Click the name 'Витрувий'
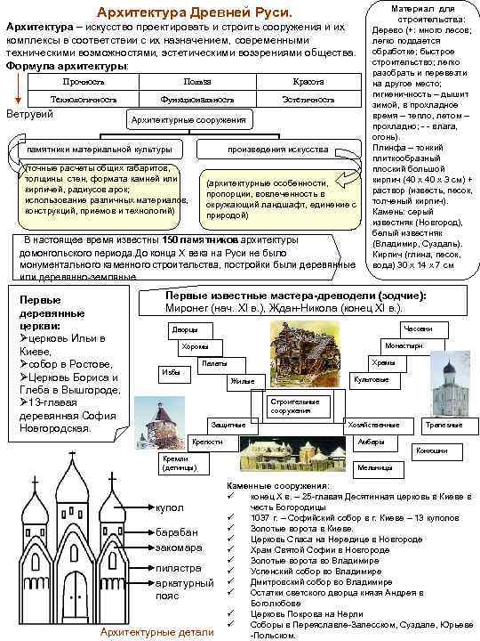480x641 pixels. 27,115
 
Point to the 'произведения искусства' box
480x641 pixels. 278,149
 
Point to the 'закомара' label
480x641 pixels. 178,548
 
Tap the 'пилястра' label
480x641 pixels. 177,567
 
